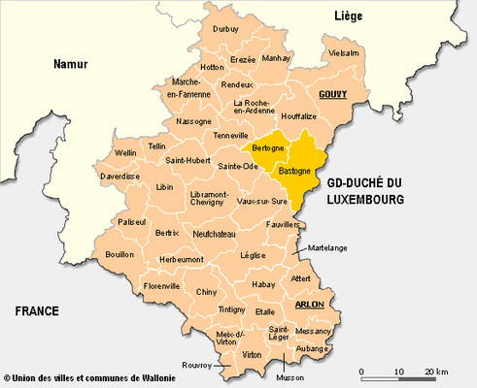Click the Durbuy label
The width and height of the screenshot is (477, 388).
tap(225, 29)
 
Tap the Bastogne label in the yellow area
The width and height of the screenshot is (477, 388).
tap(294, 171)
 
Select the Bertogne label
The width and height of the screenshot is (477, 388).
tap(267, 147)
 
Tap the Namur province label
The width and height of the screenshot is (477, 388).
tap(70, 64)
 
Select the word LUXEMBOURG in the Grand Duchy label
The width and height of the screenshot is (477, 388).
tap(364, 199)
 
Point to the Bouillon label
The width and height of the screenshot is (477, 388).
tap(119, 254)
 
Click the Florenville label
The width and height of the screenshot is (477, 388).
tap(161, 286)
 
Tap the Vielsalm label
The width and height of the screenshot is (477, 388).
tap(344, 52)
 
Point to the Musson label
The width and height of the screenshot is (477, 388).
tap(290, 377)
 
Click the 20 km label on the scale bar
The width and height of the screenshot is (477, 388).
tap(435, 372)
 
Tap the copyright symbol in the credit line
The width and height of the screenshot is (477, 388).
tap(7, 378)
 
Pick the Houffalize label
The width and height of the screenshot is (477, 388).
tap(299, 115)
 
